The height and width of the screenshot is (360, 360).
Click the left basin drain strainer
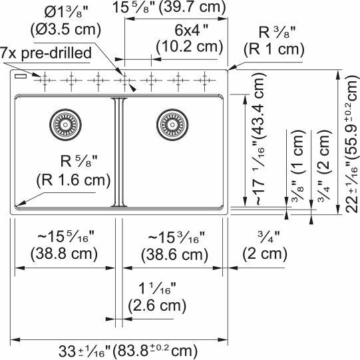(64, 122)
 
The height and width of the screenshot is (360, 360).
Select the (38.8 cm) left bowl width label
(65, 254)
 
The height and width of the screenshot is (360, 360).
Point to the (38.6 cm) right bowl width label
(176, 254)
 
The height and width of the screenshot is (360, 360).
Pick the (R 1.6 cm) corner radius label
(73, 182)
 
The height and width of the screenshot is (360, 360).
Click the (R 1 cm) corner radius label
(273, 49)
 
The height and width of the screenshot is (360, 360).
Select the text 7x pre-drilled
(41, 51)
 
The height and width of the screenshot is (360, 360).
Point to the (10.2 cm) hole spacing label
(189, 46)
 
